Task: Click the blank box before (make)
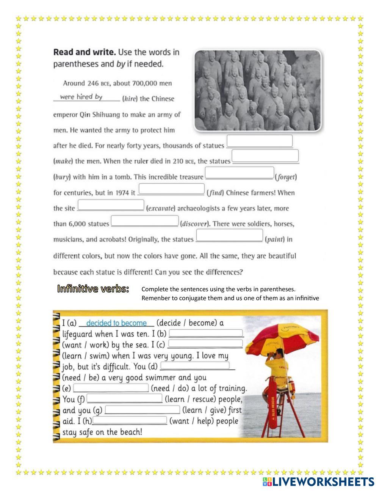[260, 141]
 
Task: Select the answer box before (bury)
[265, 156]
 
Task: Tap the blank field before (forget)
[239, 173]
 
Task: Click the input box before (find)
[171, 189]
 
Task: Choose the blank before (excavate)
[111, 205]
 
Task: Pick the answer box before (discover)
[144, 221]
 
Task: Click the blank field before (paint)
[229, 235]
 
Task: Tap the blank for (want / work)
[205, 333]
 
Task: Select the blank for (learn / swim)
[205, 343]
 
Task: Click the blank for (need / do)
[111, 388]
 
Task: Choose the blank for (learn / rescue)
[124, 398]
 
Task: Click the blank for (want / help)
[130, 420]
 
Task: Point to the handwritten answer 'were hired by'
[81, 97]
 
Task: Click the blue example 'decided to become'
[116, 323]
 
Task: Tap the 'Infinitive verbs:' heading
[93, 289]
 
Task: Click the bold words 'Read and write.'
[84, 52]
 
